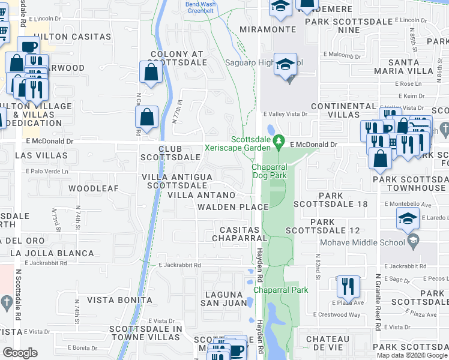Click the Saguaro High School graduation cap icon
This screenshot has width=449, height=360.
(x=285, y=64)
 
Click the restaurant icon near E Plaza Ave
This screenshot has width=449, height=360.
(x=348, y=287)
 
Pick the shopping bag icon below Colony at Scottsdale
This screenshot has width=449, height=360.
(x=152, y=71)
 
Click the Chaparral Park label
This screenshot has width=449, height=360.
(x=281, y=290)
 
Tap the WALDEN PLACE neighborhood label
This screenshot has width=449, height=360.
(x=233, y=207)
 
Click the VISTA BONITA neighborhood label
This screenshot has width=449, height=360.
(x=119, y=300)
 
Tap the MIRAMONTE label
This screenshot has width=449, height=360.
(x=268, y=29)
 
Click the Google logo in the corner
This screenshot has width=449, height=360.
(x=20, y=353)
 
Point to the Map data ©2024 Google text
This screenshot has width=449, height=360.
(x=412, y=355)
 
